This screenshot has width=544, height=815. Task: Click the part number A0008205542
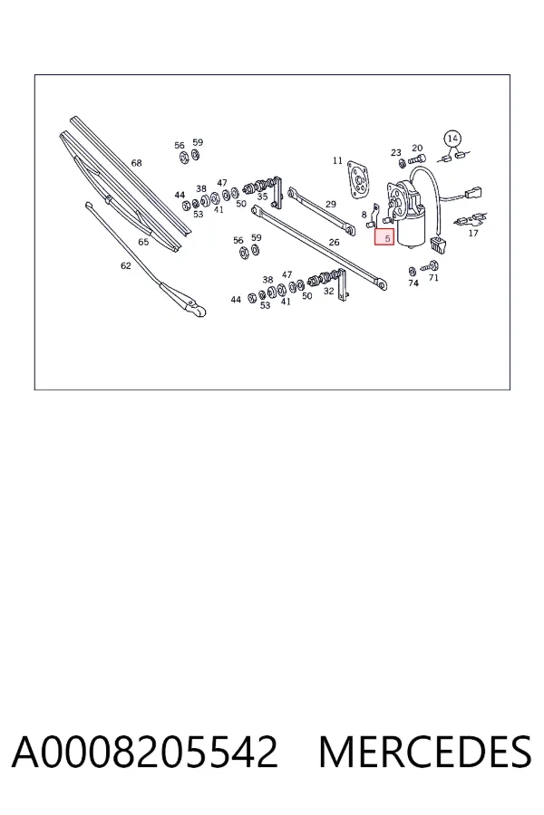pos(145,752)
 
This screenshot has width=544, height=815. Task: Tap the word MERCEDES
pos(425,752)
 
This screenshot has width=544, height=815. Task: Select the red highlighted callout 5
pos(384,237)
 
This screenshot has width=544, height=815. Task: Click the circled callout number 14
pos(452,139)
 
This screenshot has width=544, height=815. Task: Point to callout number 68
pos(136,163)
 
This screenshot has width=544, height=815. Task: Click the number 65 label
pos(143,242)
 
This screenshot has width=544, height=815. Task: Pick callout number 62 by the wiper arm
pos(126,265)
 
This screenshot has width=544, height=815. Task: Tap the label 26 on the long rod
pos(335,242)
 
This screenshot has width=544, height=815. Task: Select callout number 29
pos(331,205)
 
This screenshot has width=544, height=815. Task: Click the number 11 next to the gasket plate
pos(337,160)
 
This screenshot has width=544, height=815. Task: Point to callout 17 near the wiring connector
pos(472,233)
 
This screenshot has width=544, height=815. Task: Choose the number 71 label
pos(433,278)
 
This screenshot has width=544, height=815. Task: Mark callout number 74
pos(413,283)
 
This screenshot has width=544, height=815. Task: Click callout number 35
pos(262,197)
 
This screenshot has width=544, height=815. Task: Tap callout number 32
pos(328,291)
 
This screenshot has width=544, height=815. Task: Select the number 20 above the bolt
pos(417,149)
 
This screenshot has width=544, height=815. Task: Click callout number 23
pos(396,152)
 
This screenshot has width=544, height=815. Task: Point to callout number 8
pos(364,215)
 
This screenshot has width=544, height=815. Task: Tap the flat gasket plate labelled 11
pos(358,180)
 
